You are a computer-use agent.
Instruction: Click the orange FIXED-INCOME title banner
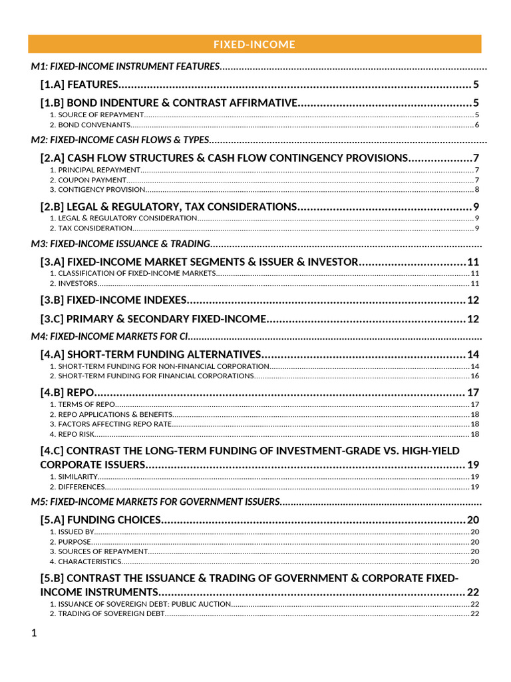click(254, 45)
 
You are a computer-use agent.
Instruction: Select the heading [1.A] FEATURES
click(79, 85)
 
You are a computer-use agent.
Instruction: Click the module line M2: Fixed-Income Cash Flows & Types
click(120, 141)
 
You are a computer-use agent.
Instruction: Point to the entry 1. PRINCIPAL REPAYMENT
click(96, 170)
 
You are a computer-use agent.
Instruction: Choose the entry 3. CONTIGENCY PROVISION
click(97, 190)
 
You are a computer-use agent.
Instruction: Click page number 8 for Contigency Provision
click(476, 190)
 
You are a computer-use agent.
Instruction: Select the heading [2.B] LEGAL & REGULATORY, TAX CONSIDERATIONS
click(168, 206)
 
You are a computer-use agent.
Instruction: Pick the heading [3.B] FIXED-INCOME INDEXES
click(114, 300)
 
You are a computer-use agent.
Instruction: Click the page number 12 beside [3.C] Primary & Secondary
click(472, 320)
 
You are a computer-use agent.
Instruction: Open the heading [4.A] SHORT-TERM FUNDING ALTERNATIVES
click(150, 354)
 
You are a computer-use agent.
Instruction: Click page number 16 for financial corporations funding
click(474, 376)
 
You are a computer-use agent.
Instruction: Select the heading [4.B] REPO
click(67, 392)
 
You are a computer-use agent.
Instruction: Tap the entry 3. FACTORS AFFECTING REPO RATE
click(110, 424)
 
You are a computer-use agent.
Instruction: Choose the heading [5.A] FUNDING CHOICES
click(100, 519)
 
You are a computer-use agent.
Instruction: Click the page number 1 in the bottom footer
click(34, 633)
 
